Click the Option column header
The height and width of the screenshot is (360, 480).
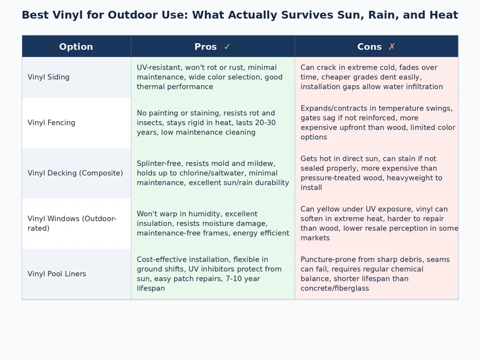(76, 47)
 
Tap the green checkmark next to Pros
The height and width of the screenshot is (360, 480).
(227, 47)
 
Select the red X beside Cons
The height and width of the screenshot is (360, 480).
(392, 47)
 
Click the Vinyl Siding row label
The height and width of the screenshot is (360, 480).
(49, 77)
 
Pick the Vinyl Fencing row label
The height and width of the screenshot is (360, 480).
(52, 122)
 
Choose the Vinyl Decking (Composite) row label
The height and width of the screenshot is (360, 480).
(75, 173)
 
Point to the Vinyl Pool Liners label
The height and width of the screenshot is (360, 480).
(57, 274)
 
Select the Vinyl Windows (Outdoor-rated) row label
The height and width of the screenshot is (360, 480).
(72, 223)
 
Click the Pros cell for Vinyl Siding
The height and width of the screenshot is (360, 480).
(212, 77)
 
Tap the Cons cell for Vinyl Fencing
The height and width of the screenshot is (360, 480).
(376, 122)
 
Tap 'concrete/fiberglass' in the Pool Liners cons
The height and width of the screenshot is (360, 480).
(335, 288)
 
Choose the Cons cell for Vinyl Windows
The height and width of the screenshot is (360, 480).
(376, 223)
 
